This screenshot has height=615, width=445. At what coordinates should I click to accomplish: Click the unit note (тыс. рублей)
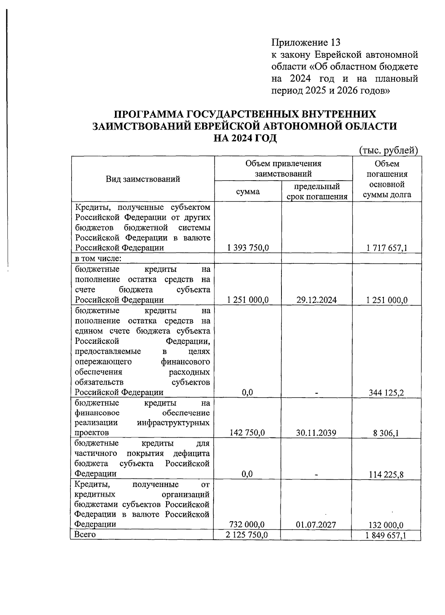[x=388, y=150]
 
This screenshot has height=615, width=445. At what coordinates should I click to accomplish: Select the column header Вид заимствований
[x=143, y=179]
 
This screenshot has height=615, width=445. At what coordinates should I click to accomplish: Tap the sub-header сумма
[x=248, y=191]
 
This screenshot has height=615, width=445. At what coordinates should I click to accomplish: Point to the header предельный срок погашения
[x=317, y=191]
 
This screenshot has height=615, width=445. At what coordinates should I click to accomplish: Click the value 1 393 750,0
[x=248, y=248]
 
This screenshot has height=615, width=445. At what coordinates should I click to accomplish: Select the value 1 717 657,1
[x=387, y=248]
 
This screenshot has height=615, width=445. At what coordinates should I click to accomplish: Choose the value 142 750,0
[x=247, y=433]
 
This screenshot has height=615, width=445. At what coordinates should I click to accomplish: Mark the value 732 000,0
[x=247, y=524]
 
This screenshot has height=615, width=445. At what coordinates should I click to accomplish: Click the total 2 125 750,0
[x=247, y=535]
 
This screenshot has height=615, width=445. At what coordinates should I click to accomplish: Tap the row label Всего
[x=85, y=535]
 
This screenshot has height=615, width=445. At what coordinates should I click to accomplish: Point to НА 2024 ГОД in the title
[x=245, y=138]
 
